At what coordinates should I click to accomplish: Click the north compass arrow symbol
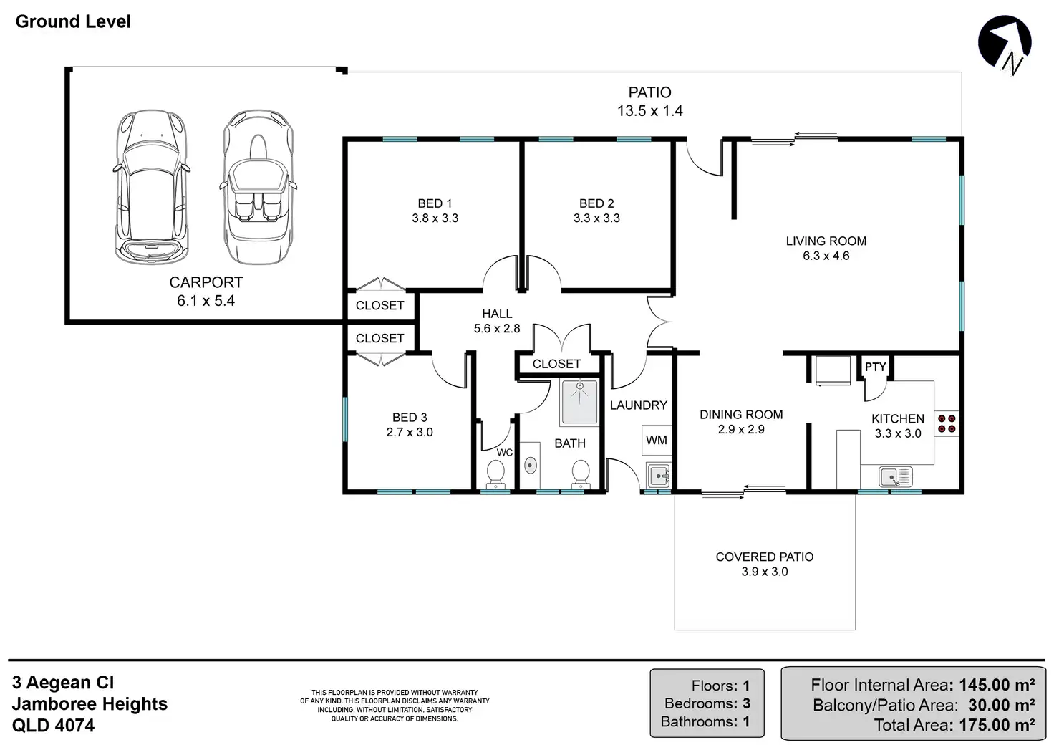pyautogui.click(x=1005, y=44)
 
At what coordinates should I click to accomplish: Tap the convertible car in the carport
pyautogui.click(x=258, y=187)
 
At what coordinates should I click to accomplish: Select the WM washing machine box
pyautogui.click(x=657, y=440)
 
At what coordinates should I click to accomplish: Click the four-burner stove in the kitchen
pyautogui.click(x=947, y=423)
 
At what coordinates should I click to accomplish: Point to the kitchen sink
pyautogui.click(x=896, y=477)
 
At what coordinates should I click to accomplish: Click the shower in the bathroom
pyautogui.click(x=580, y=403)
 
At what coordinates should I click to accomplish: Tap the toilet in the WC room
pyautogui.click(x=495, y=475)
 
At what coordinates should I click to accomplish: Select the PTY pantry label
pyautogui.click(x=875, y=367)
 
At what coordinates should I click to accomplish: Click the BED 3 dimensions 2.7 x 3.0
pyautogui.click(x=410, y=432)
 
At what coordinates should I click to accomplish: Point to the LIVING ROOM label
pyautogui.click(x=826, y=241)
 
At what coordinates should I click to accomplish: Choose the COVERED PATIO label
pyautogui.click(x=765, y=557)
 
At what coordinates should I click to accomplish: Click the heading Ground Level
pyautogui.click(x=73, y=21)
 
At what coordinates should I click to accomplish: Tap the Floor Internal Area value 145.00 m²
pyautogui.click(x=997, y=685)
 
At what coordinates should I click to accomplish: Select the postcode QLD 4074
pyautogui.click(x=53, y=725)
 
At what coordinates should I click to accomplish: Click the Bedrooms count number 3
pyautogui.click(x=746, y=703)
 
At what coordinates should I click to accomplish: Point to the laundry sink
pyautogui.click(x=658, y=476)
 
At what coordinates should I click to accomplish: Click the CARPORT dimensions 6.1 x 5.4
pyautogui.click(x=206, y=301)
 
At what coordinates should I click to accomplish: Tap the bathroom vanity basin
pyautogui.click(x=531, y=466)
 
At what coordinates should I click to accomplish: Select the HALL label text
pyautogui.click(x=497, y=314)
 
